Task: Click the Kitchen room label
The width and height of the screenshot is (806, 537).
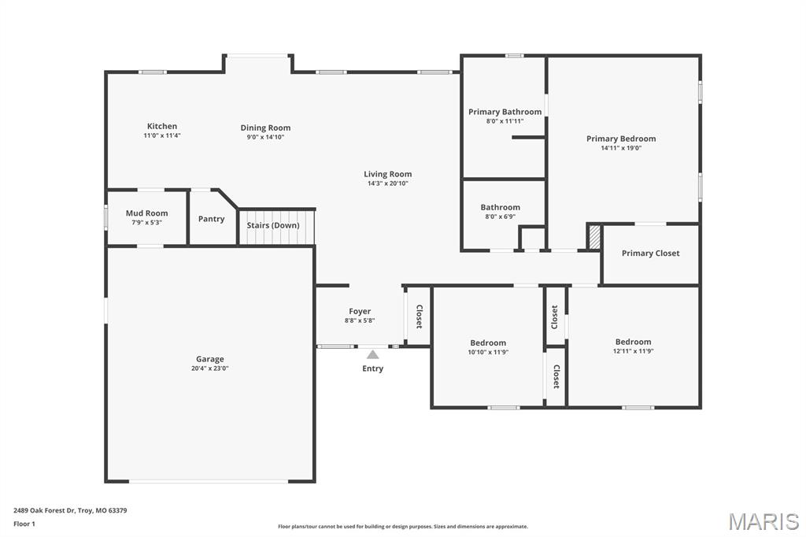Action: pos(162,126)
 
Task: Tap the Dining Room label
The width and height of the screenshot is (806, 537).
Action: pos(265,128)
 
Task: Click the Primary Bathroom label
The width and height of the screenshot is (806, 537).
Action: pos(505,112)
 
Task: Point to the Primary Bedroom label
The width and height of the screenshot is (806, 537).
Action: pos(620,139)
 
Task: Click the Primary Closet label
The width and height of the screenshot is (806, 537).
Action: pos(650,254)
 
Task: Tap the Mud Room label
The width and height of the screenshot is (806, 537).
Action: pos(146,213)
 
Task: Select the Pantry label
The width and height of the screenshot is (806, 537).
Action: pos(211,219)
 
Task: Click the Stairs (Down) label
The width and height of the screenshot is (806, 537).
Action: pos(273,225)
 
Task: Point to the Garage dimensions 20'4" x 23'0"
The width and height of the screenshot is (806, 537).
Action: pos(210,368)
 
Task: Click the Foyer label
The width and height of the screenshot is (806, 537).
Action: pos(360,312)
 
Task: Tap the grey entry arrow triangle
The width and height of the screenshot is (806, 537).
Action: pos(372,354)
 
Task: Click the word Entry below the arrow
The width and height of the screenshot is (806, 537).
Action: pos(372,368)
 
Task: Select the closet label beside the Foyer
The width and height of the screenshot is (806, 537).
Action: pos(419,316)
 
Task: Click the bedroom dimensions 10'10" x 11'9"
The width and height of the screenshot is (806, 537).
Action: pos(488,351)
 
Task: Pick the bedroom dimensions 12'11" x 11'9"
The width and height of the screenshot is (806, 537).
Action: pos(633,350)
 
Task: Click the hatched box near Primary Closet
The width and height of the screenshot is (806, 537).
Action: pos(595,237)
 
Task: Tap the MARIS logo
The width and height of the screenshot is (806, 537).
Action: pos(763,521)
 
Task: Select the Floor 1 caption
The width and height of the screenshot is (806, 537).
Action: pos(24,524)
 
